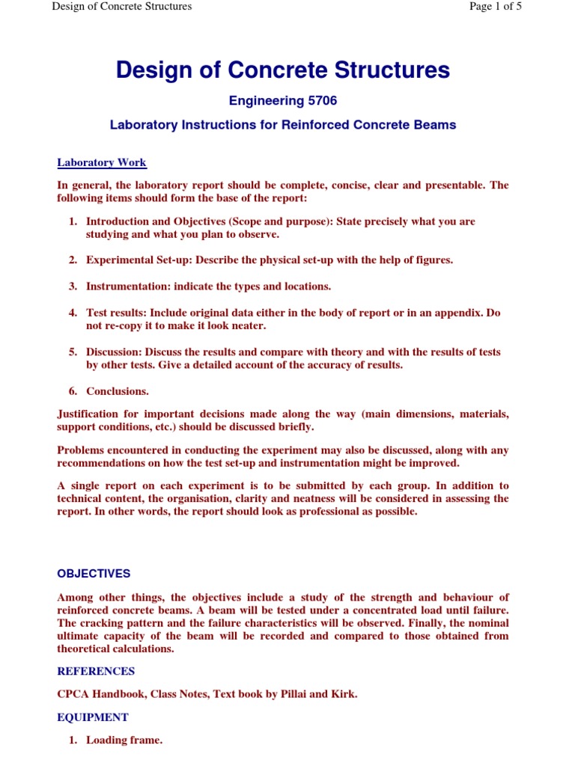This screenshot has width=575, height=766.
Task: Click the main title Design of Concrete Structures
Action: coord(283,70)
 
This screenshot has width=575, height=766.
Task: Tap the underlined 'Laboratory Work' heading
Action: coord(102,162)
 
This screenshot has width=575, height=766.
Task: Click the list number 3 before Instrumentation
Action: coord(73,286)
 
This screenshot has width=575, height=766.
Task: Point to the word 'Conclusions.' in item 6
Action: coord(118,390)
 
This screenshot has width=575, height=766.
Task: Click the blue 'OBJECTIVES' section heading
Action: coord(94,574)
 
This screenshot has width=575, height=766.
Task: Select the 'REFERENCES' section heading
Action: coord(96,671)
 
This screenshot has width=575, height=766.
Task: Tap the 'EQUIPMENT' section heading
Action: coord(93,717)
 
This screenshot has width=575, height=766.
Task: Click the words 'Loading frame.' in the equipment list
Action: coord(124,741)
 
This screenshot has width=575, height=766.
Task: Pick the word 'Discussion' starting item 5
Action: coord(112,352)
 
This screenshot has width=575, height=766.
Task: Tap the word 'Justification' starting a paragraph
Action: coord(88,414)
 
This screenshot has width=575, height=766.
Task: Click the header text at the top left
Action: coord(122,7)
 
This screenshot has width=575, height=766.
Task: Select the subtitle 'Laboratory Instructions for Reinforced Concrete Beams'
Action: coord(283,125)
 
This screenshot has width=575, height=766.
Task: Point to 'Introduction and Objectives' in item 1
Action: coord(155,221)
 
